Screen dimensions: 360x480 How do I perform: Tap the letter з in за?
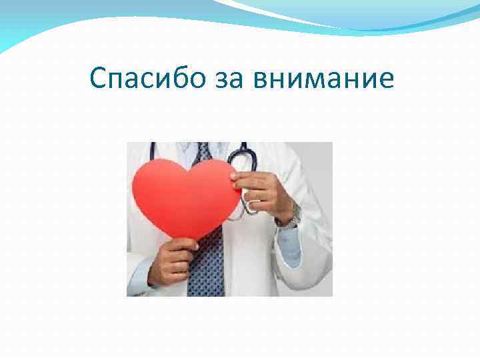point(224,81)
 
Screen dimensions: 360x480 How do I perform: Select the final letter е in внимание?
point(386,81)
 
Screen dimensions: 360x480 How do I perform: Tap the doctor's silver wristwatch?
point(291,215)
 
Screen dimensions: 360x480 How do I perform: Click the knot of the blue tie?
point(203,153)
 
